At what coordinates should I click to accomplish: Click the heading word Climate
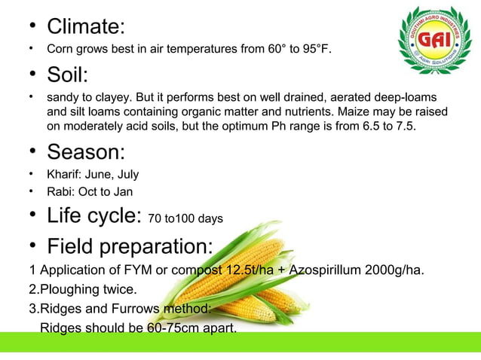coord(84,26)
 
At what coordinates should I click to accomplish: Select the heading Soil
coord(67,75)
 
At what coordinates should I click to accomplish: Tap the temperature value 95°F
coord(315,50)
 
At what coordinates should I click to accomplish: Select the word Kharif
coord(63,175)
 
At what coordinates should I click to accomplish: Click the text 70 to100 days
coord(185,219)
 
